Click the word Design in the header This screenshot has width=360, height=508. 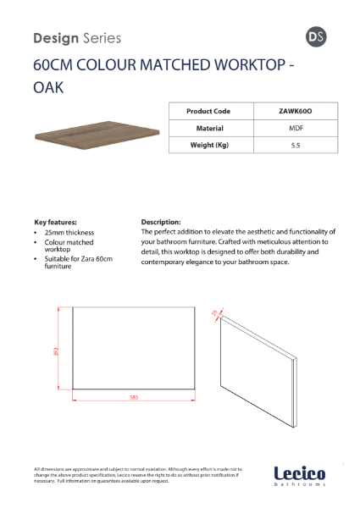point(55,38)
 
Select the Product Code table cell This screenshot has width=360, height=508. point(208,111)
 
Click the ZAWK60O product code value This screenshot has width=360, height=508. point(291,111)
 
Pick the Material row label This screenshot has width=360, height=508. point(208,128)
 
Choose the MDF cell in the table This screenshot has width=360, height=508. point(291,128)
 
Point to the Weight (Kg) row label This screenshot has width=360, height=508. point(208,145)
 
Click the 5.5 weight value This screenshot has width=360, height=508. point(291,145)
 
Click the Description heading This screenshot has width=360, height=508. point(161,222)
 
